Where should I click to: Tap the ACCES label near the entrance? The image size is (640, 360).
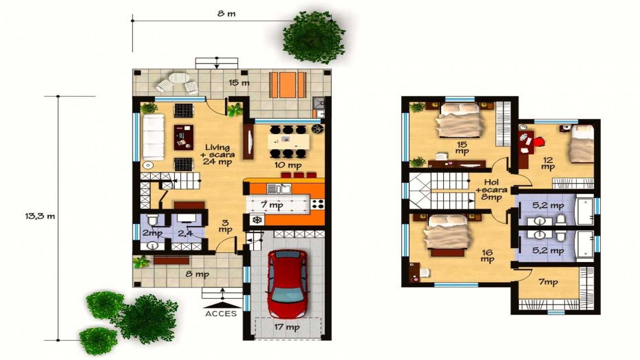click(x=221, y=314)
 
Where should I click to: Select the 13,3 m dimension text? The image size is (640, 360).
click(x=40, y=216)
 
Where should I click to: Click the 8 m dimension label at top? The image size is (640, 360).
click(x=226, y=14)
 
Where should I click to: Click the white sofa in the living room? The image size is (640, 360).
click(x=154, y=137)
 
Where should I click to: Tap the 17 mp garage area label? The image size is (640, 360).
click(x=287, y=327)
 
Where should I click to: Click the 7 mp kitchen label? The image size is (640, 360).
click(x=272, y=205)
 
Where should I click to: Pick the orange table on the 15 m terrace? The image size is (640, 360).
click(x=288, y=84)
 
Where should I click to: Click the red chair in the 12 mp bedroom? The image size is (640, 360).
click(x=540, y=141)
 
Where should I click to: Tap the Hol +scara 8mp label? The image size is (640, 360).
click(x=491, y=190)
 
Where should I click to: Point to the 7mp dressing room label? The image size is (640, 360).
click(x=548, y=282)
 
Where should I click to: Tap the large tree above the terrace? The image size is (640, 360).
click(x=314, y=38)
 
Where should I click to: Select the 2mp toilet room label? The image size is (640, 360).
click(x=152, y=233)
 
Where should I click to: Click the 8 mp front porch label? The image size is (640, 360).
click(x=197, y=274)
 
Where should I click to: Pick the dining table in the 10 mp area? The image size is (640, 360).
click(x=288, y=141)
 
